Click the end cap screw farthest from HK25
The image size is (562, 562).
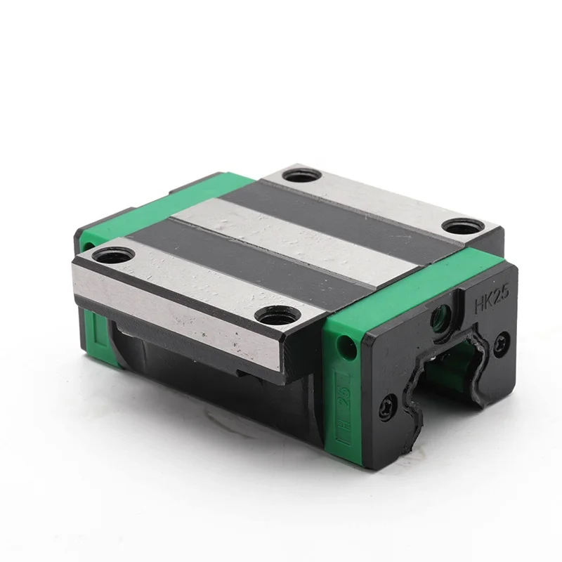click(387, 407)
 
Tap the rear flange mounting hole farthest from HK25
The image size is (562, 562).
click(303, 174)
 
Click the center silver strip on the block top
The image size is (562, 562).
click(295, 239)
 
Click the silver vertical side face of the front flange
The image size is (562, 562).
click(176, 313)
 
